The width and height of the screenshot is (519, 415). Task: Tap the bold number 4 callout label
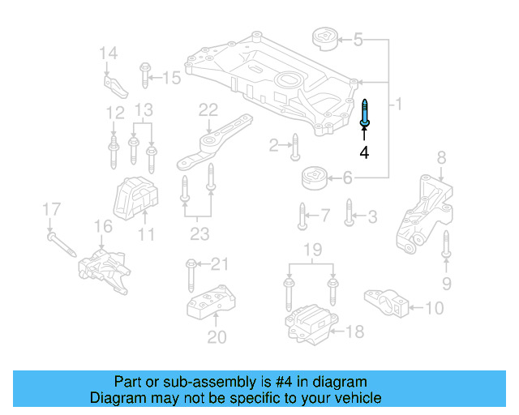(365, 152)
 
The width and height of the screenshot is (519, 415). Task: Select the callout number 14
(109, 53)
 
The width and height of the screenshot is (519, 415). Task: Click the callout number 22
(209, 109)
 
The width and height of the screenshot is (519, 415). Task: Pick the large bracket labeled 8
(425, 212)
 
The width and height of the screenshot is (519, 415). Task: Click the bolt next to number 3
(349, 212)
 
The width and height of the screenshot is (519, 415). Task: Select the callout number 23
(199, 235)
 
